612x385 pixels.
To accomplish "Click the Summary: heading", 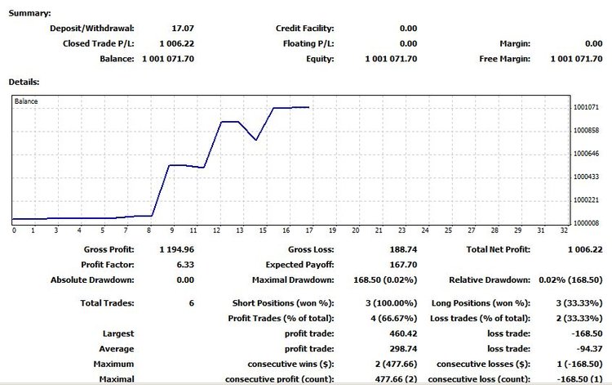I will (29, 14).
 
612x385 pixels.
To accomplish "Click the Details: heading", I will (24, 83).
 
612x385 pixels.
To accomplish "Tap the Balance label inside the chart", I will (27, 102).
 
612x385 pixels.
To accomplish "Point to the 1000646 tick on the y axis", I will (587, 153).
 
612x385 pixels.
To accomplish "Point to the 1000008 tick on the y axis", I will (587, 222).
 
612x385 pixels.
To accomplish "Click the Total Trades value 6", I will (191, 303).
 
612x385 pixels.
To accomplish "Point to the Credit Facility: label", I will (305, 29).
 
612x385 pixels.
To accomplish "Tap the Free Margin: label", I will (505, 59).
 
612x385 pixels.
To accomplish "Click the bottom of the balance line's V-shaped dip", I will (257, 140).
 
